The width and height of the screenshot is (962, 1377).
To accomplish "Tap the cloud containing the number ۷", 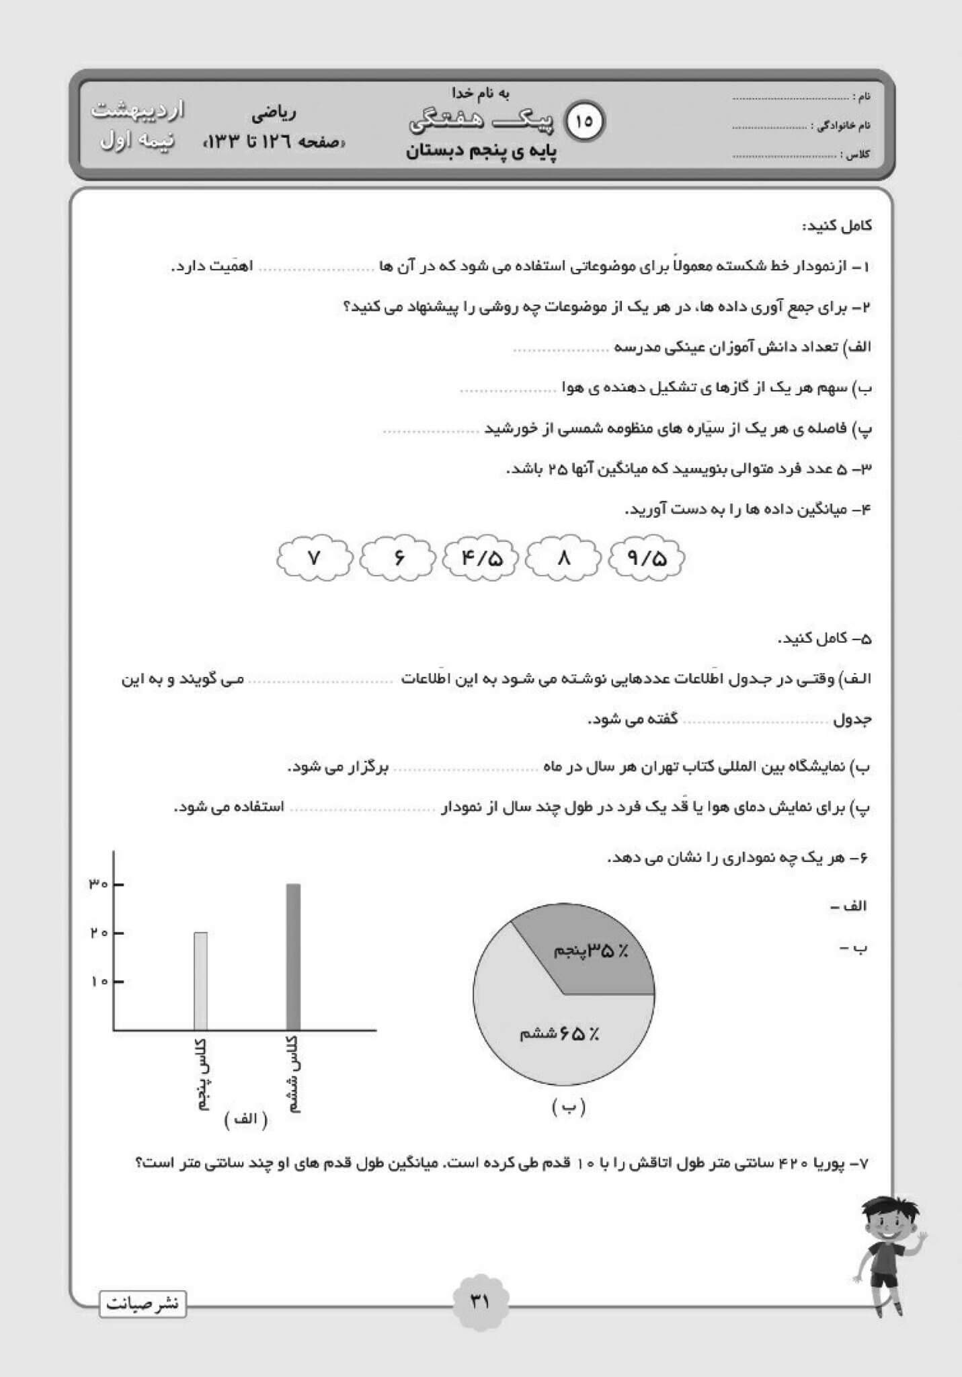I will click(x=313, y=558).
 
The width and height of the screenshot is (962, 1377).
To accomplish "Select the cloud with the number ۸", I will click(x=563, y=558).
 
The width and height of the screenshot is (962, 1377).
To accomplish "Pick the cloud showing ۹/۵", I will click(x=647, y=558).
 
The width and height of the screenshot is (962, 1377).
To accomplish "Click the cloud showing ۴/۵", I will click(x=481, y=558).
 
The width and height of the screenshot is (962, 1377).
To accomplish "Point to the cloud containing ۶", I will click(x=399, y=558).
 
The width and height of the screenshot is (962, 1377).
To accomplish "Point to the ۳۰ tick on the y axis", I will click(x=98, y=884).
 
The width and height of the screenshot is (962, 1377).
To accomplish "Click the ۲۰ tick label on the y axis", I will click(x=98, y=933).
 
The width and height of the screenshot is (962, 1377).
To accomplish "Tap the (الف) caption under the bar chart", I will click(x=246, y=1119).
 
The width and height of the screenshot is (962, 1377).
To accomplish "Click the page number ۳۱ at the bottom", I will click(x=480, y=1302).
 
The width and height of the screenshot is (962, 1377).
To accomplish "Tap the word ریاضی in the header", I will click(x=274, y=114).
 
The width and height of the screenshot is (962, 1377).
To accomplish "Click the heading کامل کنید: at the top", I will click(x=836, y=225).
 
